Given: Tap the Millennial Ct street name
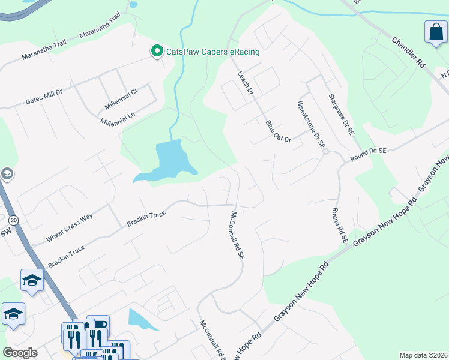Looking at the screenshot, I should pyautogui.click(x=121, y=100).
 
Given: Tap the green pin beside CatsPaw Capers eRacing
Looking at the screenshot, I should pyautogui.click(x=157, y=52).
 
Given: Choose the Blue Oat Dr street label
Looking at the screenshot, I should pyautogui.click(x=278, y=131).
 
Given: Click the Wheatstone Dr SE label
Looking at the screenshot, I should pyautogui.click(x=311, y=124).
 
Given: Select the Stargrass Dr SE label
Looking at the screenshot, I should pyautogui.click(x=342, y=113).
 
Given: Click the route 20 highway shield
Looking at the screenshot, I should pyautogui.click(x=13, y=221).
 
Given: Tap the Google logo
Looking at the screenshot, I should pyautogui.click(x=20, y=352).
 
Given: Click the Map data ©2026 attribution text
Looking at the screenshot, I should pyautogui.click(x=423, y=355).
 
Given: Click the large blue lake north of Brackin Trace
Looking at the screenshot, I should pyautogui.click(x=166, y=161).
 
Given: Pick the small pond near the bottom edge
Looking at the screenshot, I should pyautogui.click(x=140, y=319).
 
